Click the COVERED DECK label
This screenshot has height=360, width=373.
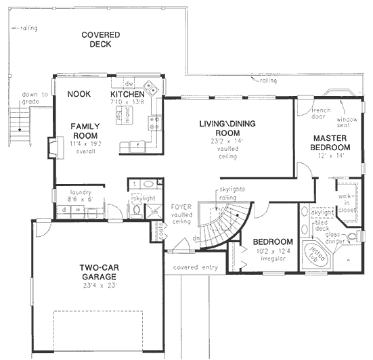pyautogui.click(x=100, y=39)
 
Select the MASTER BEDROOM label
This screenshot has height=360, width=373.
pyautogui.click(x=330, y=143)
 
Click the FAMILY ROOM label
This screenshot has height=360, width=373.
pyautogui.click(x=87, y=131)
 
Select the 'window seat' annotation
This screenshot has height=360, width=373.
pyautogui.click(x=348, y=121)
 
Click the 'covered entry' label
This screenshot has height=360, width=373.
pyautogui.click(x=195, y=267)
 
